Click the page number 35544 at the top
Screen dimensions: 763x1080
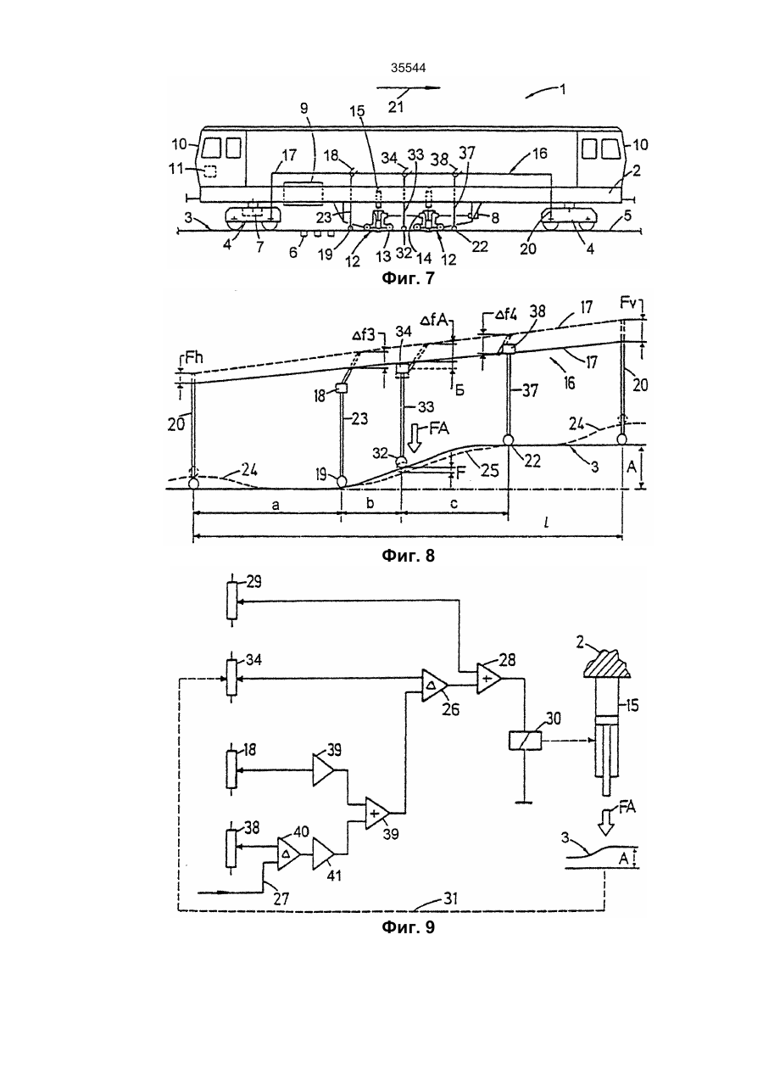click(x=408, y=68)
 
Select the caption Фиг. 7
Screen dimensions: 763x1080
click(x=408, y=278)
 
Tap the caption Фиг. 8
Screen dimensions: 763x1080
click(x=408, y=556)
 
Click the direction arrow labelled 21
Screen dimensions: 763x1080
click(x=409, y=88)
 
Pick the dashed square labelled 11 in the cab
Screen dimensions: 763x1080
click(x=210, y=171)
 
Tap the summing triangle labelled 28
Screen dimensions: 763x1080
click(x=488, y=679)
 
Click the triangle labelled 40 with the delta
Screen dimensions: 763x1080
click(x=288, y=853)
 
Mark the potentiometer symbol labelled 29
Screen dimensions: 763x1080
click(x=232, y=601)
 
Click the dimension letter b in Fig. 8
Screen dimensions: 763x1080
click(x=370, y=503)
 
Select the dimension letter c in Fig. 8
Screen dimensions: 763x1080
click(x=454, y=504)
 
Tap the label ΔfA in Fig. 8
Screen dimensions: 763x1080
click(x=433, y=320)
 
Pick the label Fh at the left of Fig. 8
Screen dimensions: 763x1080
click(x=193, y=358)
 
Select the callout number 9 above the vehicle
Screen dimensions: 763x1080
click(x=304, y=109)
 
